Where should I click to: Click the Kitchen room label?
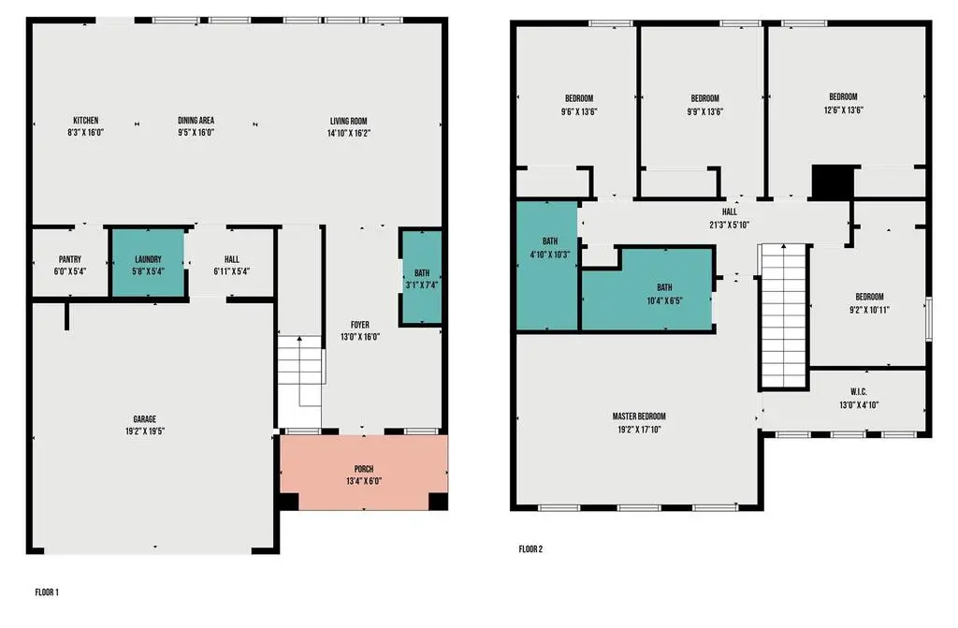pyautogui.click(x=85, y=121)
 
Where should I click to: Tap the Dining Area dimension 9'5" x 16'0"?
pyautogui.click(x=196, y=132)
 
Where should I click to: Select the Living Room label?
pyautogui.click(x=348, y=121)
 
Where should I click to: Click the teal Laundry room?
pyautogui.click(x=148, y=264)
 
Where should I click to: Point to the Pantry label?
pyautogui.click(x=69, y=259)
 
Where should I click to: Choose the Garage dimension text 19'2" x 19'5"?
pyautogui.click(x=145, y=431)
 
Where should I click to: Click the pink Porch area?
pyautogui.click(x=364, y=472)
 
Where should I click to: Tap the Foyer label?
pyautogui.click(x=360, y=325)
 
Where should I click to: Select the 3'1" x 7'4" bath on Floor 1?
pyautogui.click(x=421, y=276)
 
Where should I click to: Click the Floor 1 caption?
pyautogui.click(x=47, y=592)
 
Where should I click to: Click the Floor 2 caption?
pyautogui.click(x=530, y=549)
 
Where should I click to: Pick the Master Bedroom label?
pyautogui.click(x=639, y=416)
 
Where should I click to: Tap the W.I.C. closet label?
pyautogui.click(x=859, y=392)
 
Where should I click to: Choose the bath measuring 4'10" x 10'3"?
pyautogui.click(x=547, y=266)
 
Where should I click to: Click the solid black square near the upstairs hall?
pyautogui.click(x=832, y=183)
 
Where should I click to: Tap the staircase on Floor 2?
pyautogui.click(x=783, y=315)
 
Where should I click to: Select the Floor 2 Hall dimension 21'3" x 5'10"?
pyautogui.click(x=730, y=225)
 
